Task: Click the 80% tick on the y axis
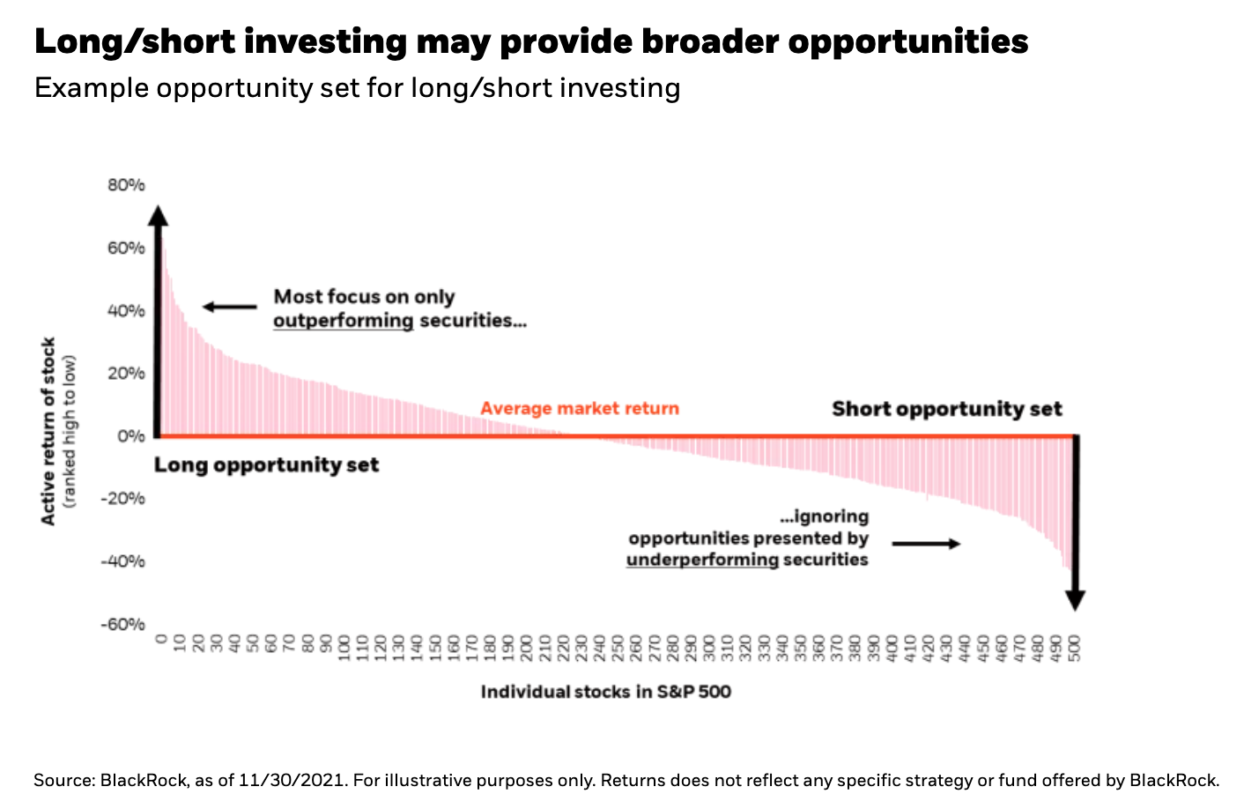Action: click(127, 185)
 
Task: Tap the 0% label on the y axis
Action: click(131, 435)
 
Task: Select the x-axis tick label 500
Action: click(1074, 648)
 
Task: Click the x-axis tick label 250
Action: click(618, 648)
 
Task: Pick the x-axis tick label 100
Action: click(344, 648)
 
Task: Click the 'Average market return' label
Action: click(580, 409)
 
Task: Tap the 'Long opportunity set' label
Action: click(266, 465)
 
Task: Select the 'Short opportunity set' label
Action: click(947, 409)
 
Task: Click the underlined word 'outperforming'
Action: click(343, 321)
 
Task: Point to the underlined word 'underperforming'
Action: click(702, 560)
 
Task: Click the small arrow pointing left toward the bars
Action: click(229, 307)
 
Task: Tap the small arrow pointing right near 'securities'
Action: click(926, 544)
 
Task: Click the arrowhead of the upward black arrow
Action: click(158, 216)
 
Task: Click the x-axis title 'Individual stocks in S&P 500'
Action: click(606, 692)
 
